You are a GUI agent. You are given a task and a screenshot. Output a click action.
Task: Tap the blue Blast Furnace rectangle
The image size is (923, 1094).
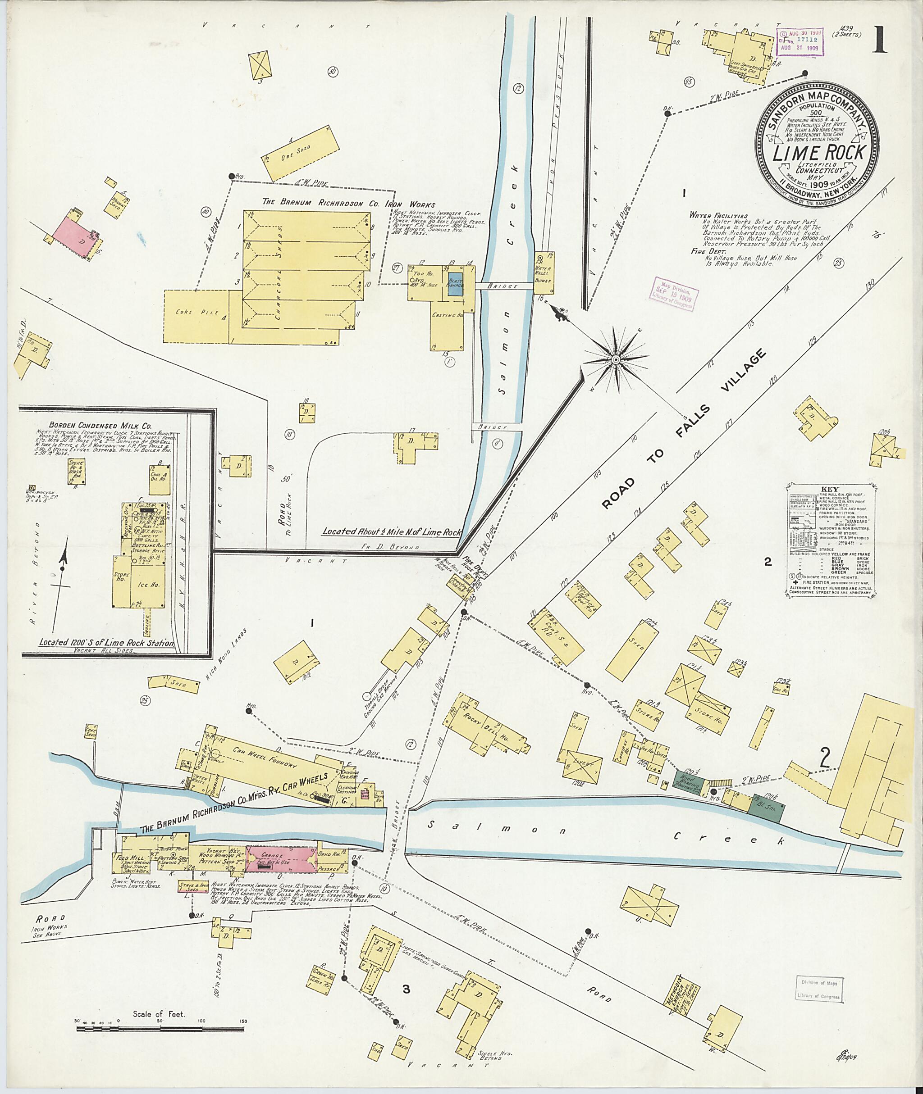(x=455, y=286)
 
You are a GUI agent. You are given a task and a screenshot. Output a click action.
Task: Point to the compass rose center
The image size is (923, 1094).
(x=617, y=360)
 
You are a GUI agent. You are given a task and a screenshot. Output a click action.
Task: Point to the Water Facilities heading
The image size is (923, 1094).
(x=718, y=215)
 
